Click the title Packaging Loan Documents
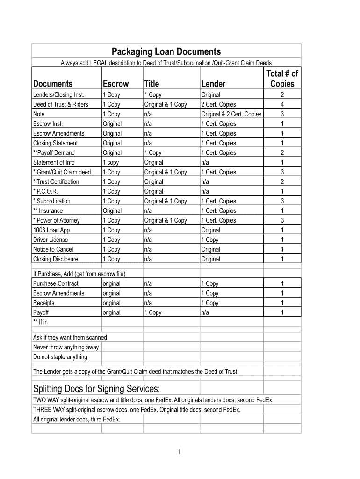166,51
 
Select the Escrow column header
115,84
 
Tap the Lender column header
213,84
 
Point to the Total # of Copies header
282,79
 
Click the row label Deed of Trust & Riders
60,104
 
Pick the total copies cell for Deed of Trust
282,104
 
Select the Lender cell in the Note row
231,114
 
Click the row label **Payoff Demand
54,152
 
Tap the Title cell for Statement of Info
154,162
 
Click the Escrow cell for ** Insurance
112,210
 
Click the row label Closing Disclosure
56,259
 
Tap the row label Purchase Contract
56,283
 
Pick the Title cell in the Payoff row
153,312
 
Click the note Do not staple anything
60,357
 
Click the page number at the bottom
180,451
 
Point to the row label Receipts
44,303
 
